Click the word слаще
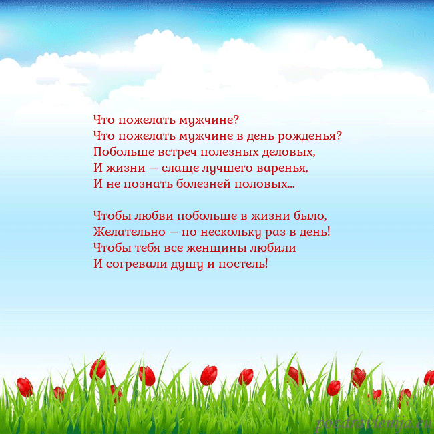180,168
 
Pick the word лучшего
228,168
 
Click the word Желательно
126,232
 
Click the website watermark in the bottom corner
373,422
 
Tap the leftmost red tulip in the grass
25,387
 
